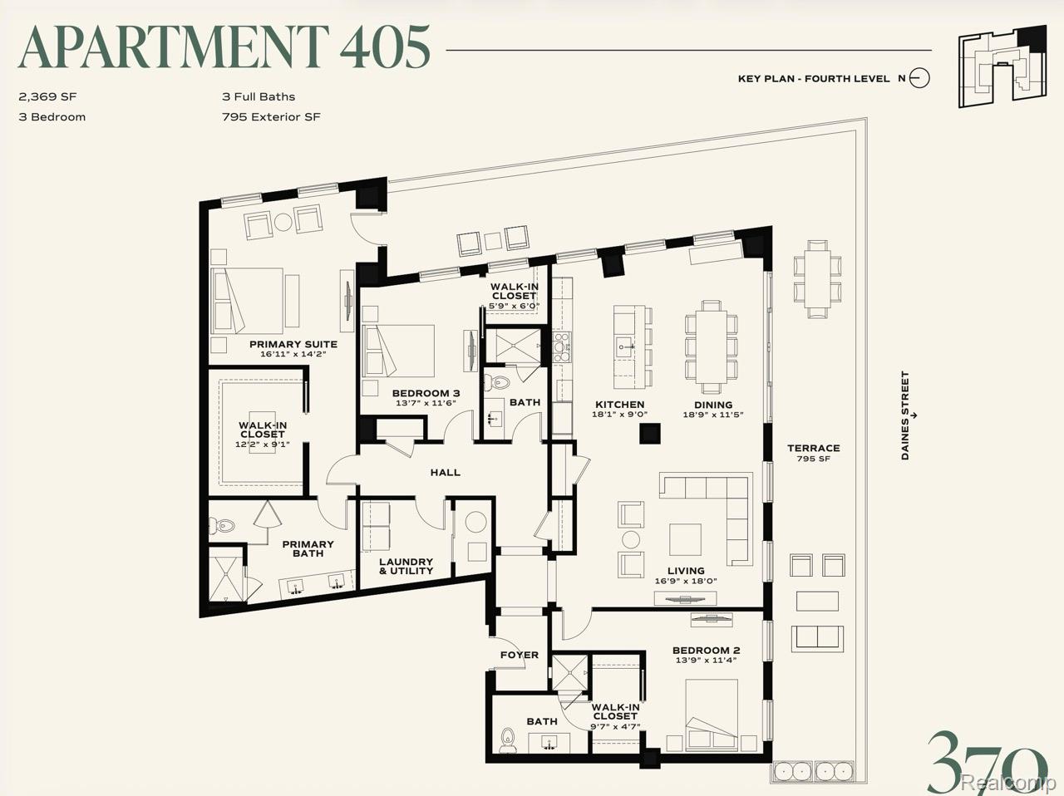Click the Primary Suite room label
click(293, 345)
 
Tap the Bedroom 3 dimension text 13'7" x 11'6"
click(426, 403)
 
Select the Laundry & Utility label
click(406, 567)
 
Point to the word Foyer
click(520, 655)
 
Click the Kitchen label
click(619, 405)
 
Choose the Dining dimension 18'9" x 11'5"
click(713, 415)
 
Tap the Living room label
click(686, 571)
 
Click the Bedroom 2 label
click(706, 650)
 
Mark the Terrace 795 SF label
click(814, 453)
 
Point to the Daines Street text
click(905, 415)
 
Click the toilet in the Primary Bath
click(223, 524)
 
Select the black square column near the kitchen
click(649, 434)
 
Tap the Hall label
click(445, 473)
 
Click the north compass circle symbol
click(919, 78)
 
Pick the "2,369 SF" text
click(47, 96)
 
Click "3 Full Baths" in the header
click(259, 96)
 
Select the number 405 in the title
click(385, 47)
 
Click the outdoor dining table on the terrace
click(817, 279)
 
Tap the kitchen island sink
click(624, 346)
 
